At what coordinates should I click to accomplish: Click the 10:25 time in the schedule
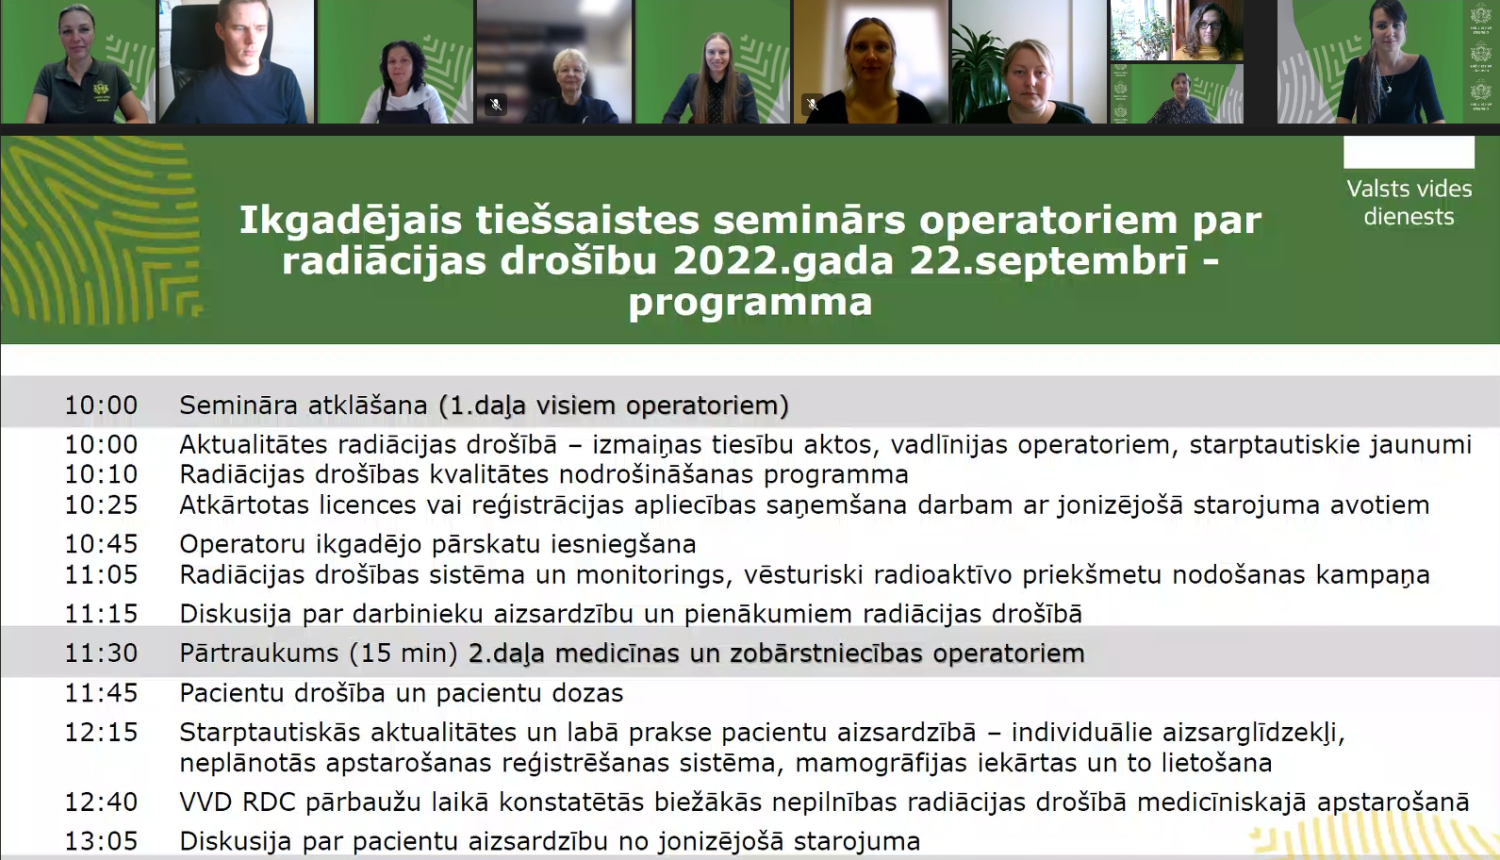point(101,505)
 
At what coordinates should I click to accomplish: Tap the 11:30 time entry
point(101,653)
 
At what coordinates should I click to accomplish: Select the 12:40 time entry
point(101,802)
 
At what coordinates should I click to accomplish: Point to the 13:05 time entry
point(101,841)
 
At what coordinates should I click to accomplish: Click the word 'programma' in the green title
point(750,303)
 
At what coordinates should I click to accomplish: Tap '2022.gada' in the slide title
point(783,261)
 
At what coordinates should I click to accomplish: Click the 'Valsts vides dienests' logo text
point(1409,202)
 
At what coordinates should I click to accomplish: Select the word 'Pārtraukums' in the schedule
point(259,653)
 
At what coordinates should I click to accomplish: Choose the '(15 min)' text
point(403,653)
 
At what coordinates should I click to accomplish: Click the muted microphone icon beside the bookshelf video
point(496,104)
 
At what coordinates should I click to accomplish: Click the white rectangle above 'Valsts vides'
point(1409,152)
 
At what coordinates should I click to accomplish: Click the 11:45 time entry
point(101,693)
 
